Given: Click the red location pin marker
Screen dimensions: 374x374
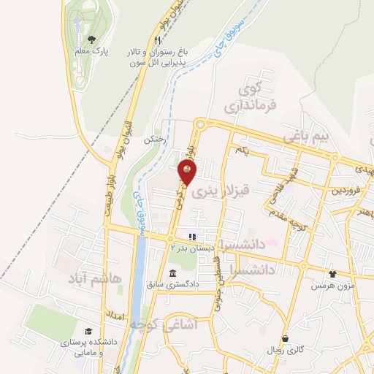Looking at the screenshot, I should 188,172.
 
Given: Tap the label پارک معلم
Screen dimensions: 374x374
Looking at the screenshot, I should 91,52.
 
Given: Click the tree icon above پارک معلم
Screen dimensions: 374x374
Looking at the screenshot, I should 91,39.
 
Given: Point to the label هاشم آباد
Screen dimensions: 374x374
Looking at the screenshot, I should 92,278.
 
